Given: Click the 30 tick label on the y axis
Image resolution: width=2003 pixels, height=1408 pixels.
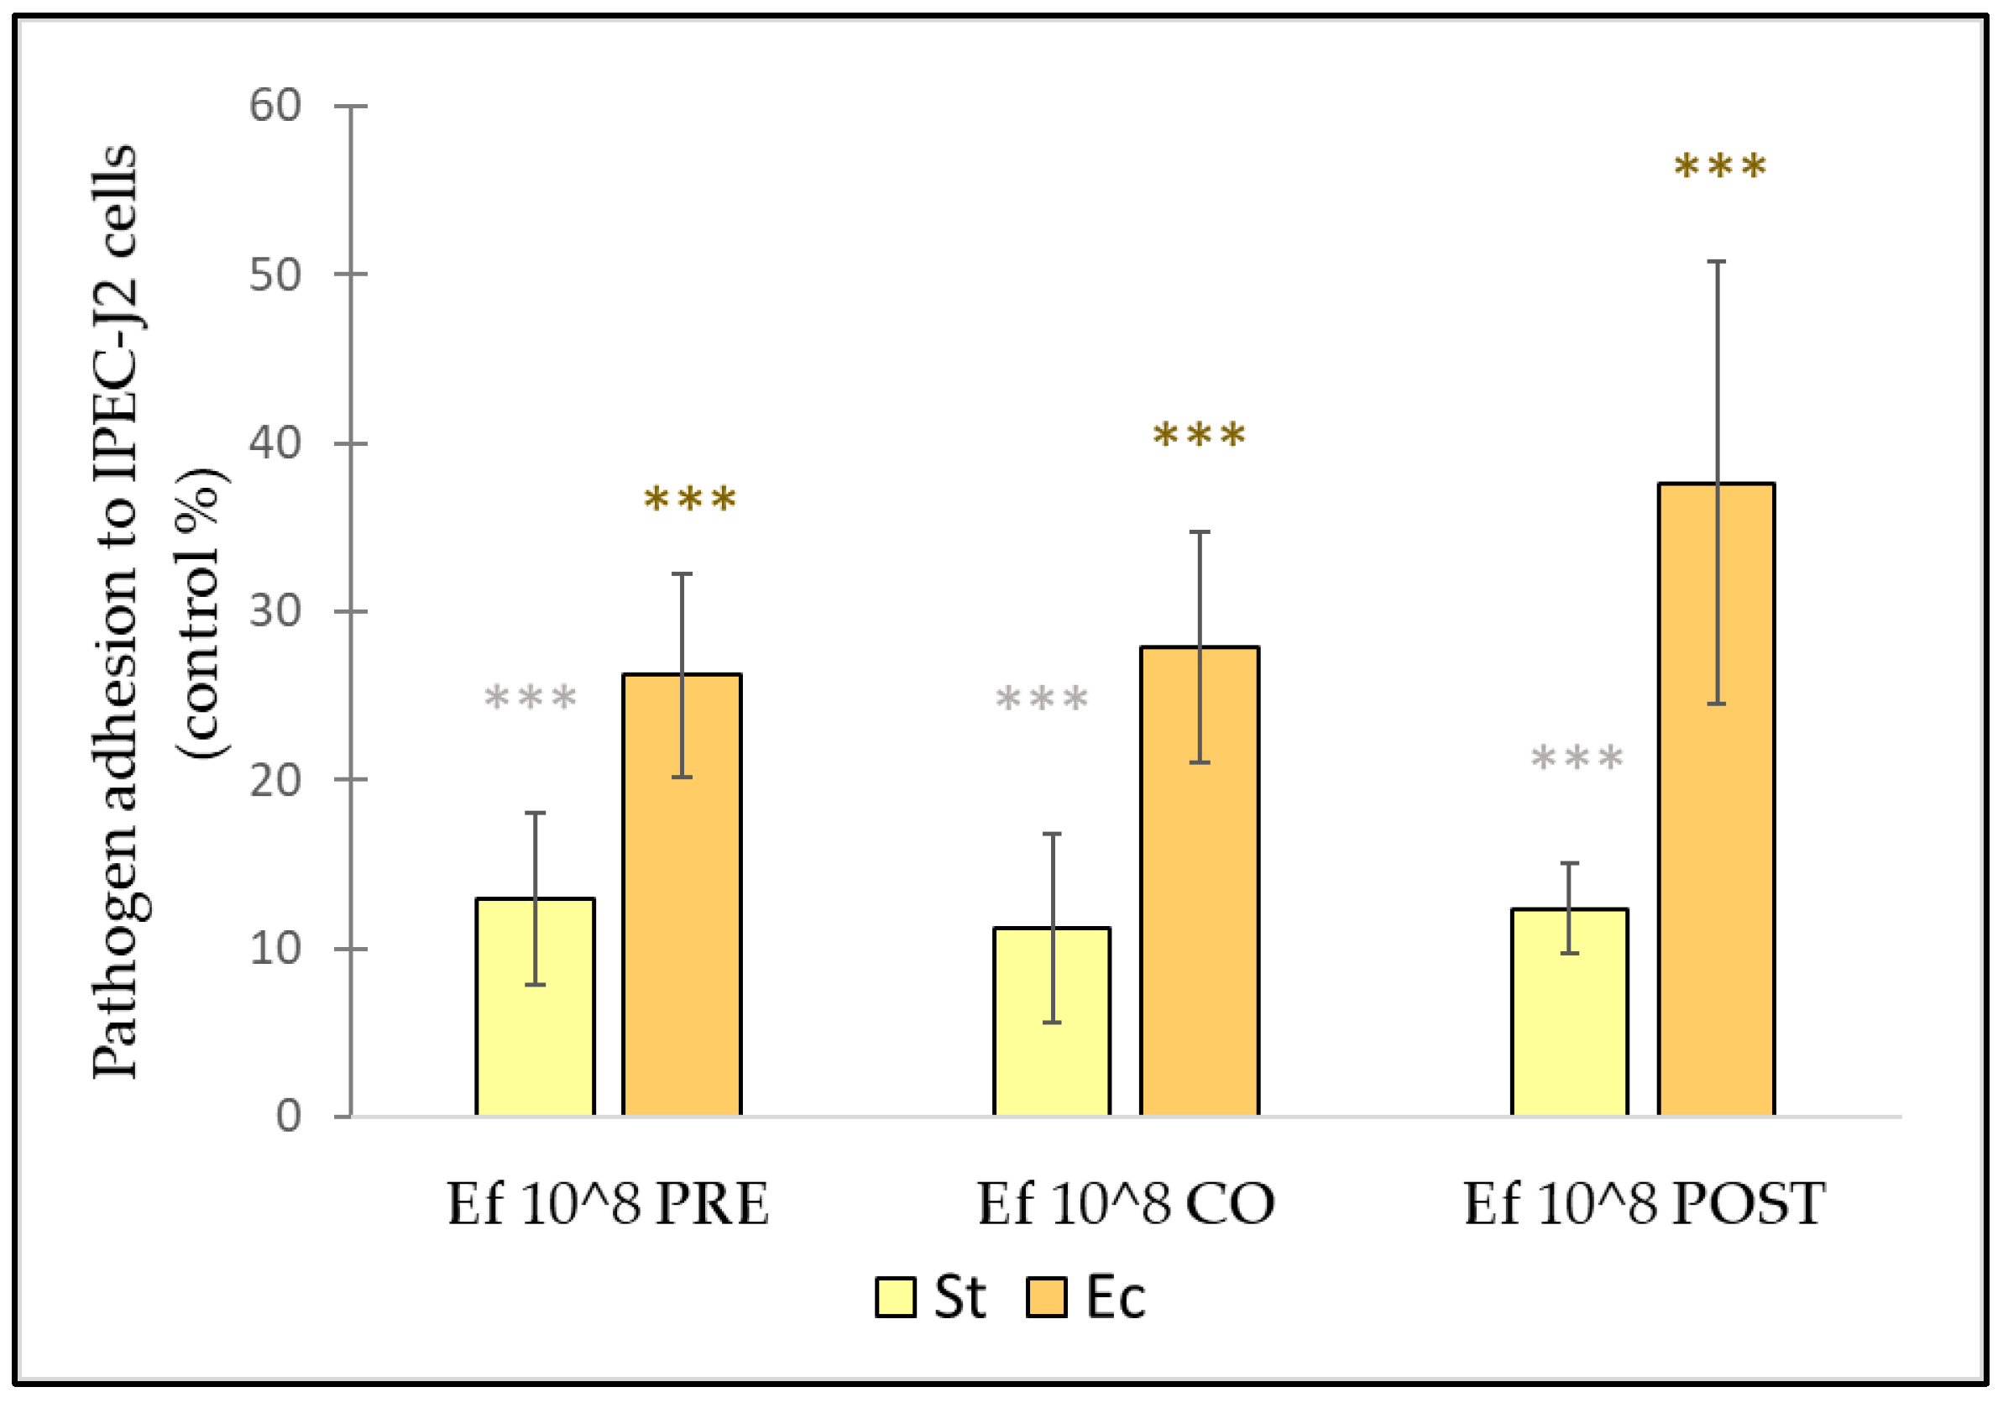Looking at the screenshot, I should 275,610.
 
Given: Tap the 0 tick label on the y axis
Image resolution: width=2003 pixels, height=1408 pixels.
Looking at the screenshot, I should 289,1116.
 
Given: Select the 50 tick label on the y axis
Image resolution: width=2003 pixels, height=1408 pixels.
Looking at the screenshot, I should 275,274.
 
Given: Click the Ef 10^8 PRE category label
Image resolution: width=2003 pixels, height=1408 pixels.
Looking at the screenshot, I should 608,1205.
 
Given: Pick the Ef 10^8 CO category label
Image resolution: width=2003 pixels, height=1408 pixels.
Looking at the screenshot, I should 1126,1205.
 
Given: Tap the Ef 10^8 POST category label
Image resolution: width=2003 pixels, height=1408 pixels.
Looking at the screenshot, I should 1645,1205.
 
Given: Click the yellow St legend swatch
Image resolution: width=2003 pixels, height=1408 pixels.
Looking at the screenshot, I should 895,1297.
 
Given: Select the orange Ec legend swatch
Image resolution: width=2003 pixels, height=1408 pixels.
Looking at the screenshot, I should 1046,1297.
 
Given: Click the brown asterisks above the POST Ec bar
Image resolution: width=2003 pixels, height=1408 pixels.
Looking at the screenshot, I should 1720,165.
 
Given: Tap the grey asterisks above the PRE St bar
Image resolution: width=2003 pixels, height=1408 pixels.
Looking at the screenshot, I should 531,698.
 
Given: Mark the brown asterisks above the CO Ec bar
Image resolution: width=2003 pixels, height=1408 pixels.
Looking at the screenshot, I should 1200,434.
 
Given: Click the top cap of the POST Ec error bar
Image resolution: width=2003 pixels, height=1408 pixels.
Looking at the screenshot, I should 1716,262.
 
